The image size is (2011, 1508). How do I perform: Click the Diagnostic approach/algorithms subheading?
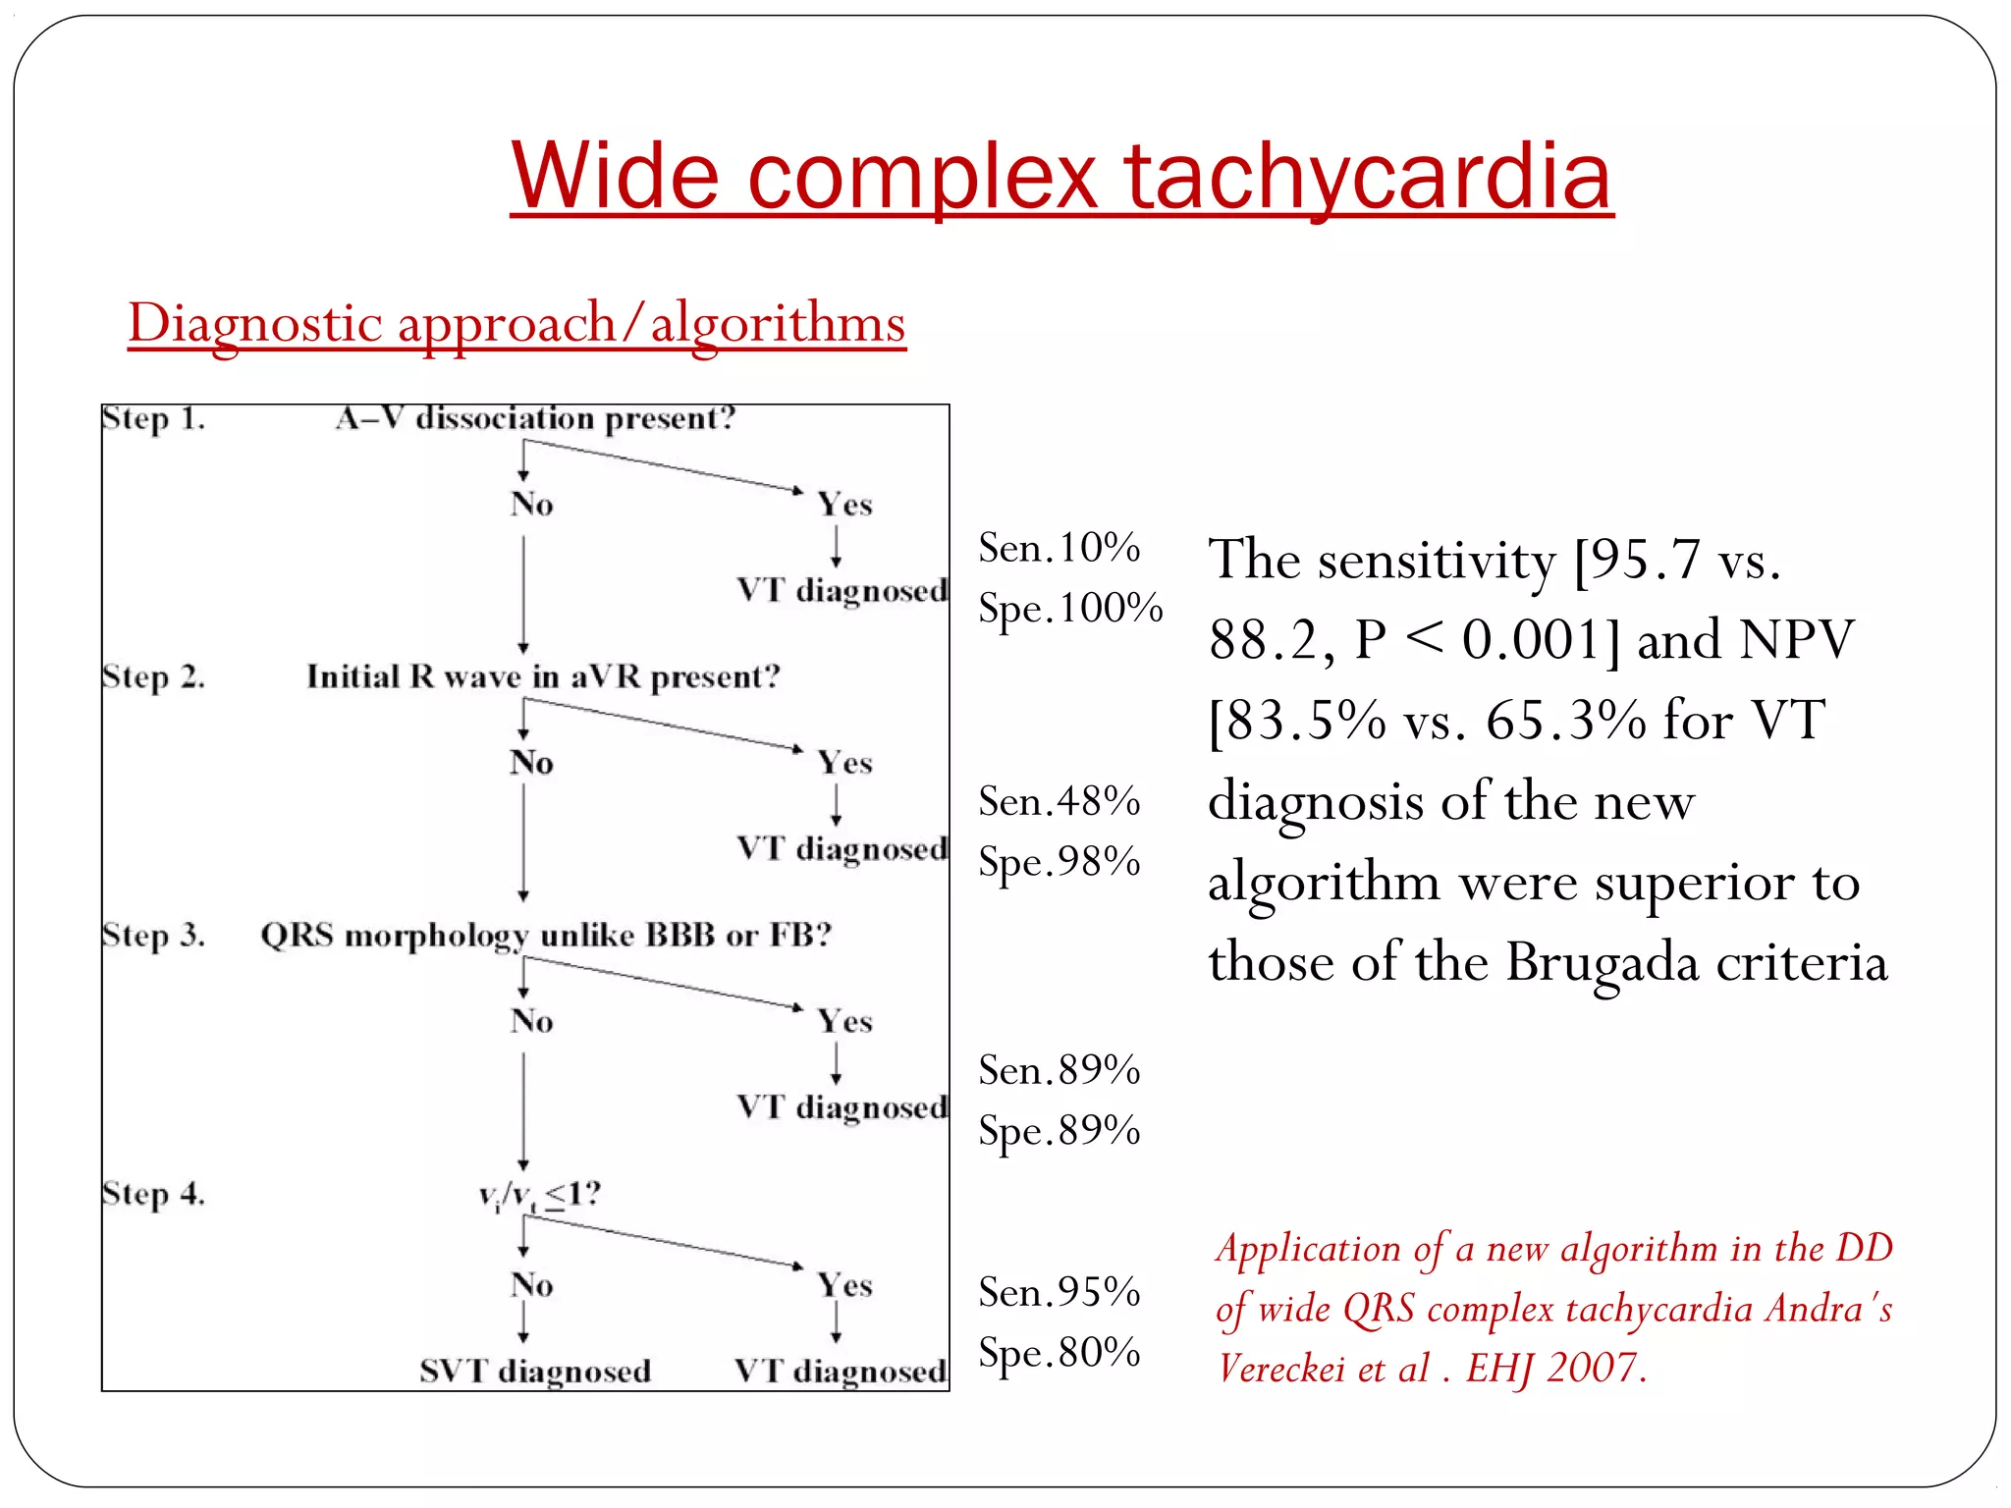pos(516,323)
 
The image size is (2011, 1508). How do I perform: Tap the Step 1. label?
pos(153,419)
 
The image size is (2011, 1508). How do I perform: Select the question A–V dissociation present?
pos(535,419)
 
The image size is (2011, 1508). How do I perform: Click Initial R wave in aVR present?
pos(543,676)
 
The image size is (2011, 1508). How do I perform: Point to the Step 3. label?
pos(153,935)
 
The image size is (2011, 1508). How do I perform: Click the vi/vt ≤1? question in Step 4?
pos(539,1195)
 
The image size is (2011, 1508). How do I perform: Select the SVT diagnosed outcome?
pos(535,1371)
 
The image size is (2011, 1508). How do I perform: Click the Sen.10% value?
pos(1059,548)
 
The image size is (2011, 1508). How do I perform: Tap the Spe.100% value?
pos(1070,609)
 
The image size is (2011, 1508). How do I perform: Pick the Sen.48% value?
pos(1059,802)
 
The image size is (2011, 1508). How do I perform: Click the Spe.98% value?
pos(1059,863)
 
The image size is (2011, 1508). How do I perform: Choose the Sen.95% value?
pos(1059,1292)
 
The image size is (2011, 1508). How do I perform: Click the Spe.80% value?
pos(1059,1353)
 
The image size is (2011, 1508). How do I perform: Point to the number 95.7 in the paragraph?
pos(1645,561)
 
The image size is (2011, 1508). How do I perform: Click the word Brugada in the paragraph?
pos(1602,962)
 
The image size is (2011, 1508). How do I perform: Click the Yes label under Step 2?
pos(844,763)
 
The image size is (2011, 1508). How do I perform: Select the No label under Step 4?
pos(531,1284)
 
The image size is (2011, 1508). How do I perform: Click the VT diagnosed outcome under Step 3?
pos(842,1107)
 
